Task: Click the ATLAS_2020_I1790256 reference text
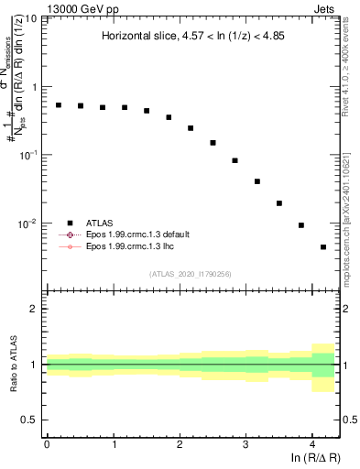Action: click(x=191, y=273)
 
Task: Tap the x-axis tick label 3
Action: click(x=245, y=442)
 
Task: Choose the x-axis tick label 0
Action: click(x=47, y=442)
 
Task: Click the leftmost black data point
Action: click(x=59, y=105)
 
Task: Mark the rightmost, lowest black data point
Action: click(x=323, y=247)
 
